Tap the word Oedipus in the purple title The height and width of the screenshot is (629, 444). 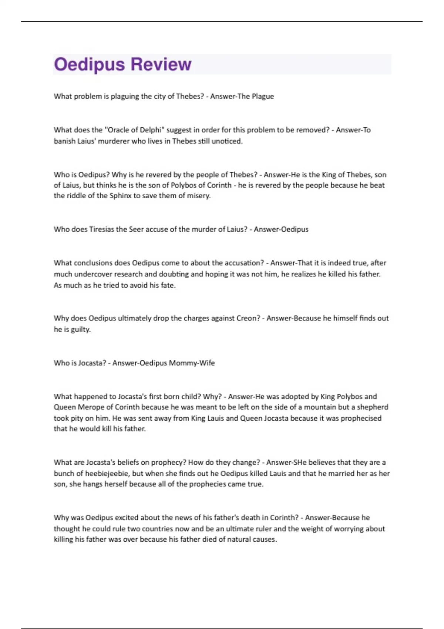(x=89, y=64)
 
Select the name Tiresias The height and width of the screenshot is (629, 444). (x=102, y=229)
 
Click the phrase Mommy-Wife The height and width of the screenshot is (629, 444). (x=192, y=363)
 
